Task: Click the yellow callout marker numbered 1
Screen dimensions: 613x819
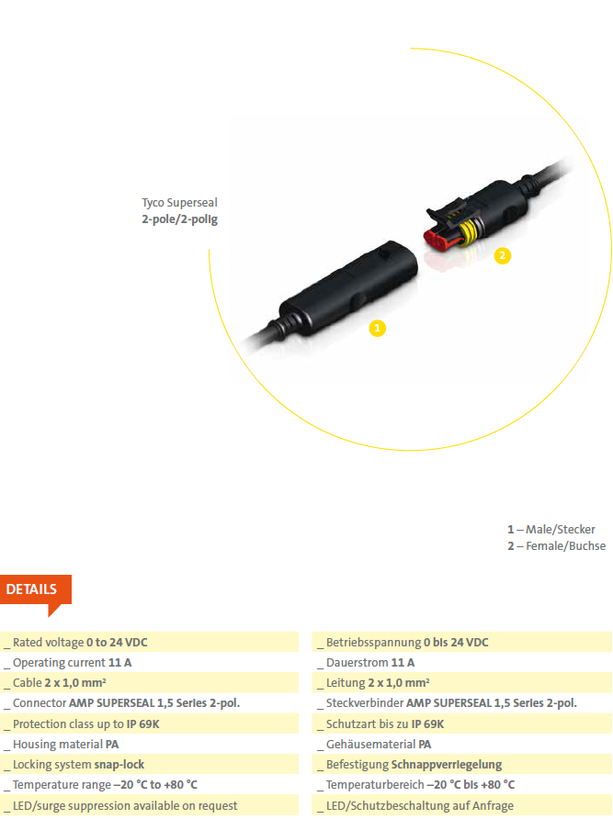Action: pos(377,328)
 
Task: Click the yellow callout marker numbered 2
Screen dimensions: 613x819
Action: pos(502,255)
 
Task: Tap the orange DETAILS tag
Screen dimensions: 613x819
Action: pos(36,593)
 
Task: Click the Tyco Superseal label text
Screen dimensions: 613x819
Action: pos(179,203)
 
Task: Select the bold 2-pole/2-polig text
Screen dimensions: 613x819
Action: pos(179,219)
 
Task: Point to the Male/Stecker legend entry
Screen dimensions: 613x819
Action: pos(551,529)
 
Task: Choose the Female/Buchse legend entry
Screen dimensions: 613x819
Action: pos(557,545)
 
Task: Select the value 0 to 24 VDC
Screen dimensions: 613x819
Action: pos(117,642)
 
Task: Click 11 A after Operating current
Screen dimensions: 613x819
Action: pos(119,662)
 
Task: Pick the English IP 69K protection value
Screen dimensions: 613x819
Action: pos(142,724)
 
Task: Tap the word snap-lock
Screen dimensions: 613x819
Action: pos(119,764)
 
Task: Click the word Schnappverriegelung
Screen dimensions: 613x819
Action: pos(446,765)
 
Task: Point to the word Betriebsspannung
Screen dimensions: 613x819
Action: pos(373,643)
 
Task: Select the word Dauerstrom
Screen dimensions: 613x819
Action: pos(358,662)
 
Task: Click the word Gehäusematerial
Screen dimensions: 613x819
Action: pos(371,745)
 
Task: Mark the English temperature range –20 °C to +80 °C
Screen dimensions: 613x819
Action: pos(155,784)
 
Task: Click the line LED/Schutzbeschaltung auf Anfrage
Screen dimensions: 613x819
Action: pos(419,805)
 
